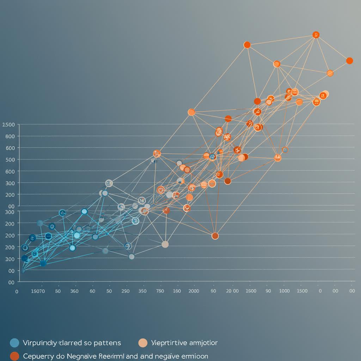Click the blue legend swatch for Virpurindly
tap(14, 343)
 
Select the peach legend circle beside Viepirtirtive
tap(143, 343)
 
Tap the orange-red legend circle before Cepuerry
tap(14, 356)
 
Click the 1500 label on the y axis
tap(8, 125)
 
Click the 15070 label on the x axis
tap(38, 291)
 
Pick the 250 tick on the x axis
tap(126, 291)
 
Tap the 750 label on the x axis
tap(160, 291)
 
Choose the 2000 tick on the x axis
tap(193, 291)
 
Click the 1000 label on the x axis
tap(284, 291)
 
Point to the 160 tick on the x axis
tap(177, 291)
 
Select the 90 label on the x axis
tap(268, 291)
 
